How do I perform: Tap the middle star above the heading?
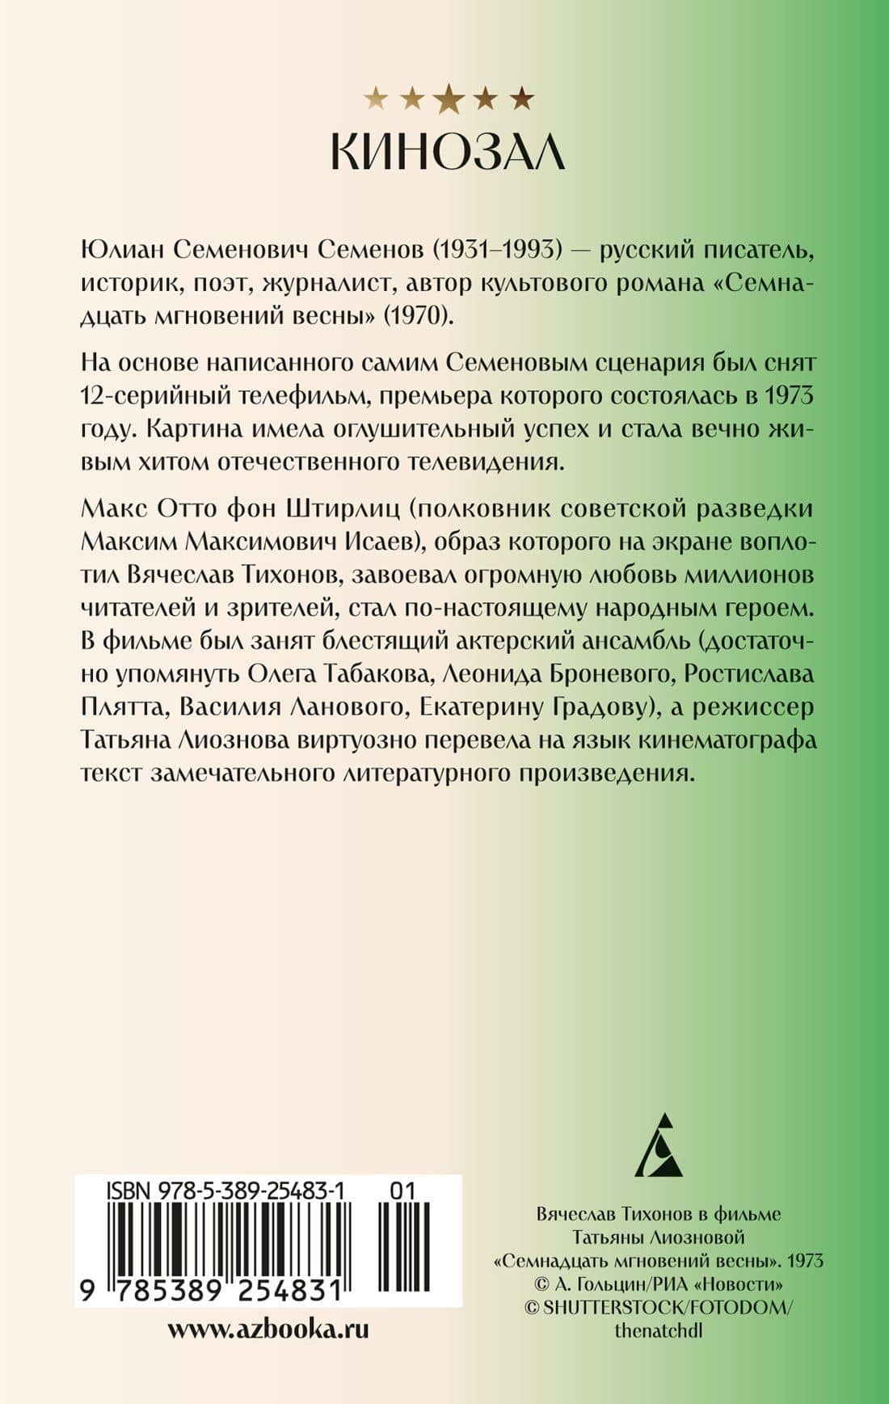[449, 99]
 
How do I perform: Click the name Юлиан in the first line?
[122, 251]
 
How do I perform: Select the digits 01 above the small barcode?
[402, 1190]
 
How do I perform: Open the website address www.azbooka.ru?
[268, 1330]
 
